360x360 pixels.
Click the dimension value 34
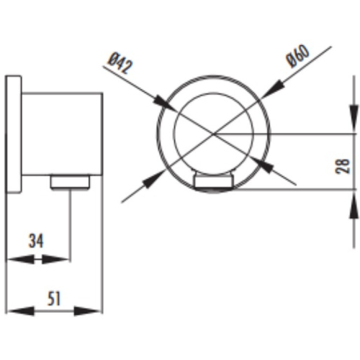[36, 241]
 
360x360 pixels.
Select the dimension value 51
[54, 299]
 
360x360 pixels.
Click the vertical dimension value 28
[342, 166]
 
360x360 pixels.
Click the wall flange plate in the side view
[13, 134]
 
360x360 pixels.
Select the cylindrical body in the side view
[62, 134]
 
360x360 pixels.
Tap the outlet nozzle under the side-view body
[70, 182]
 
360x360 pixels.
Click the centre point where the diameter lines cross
[214, 133]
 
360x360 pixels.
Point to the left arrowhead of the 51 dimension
[21, 311]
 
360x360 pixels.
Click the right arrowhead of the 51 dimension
[88, 311]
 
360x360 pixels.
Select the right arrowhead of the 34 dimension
[55, 259]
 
